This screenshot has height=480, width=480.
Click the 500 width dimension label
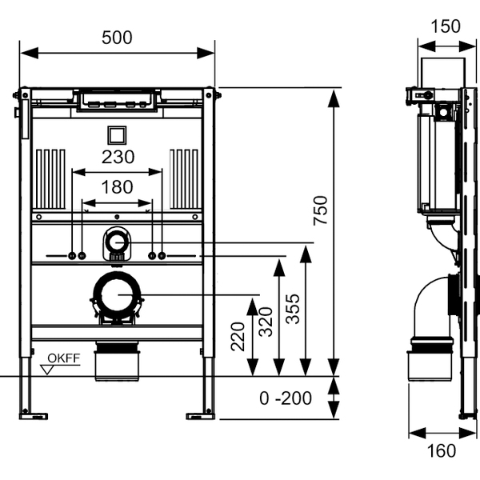(117, 37)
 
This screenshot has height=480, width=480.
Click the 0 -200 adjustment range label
(286, 398)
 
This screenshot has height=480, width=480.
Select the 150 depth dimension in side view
(445, 26)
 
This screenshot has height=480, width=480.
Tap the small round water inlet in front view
(118, 241)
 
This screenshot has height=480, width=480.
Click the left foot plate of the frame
(34, 414)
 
